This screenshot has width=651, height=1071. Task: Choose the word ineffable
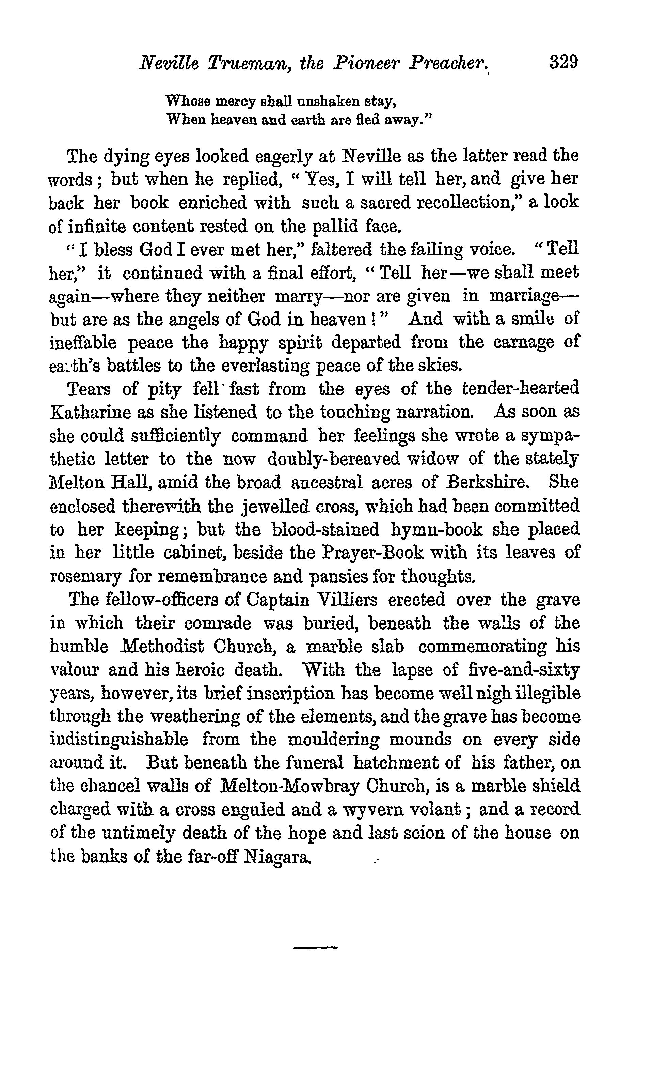tap(83, 342)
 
